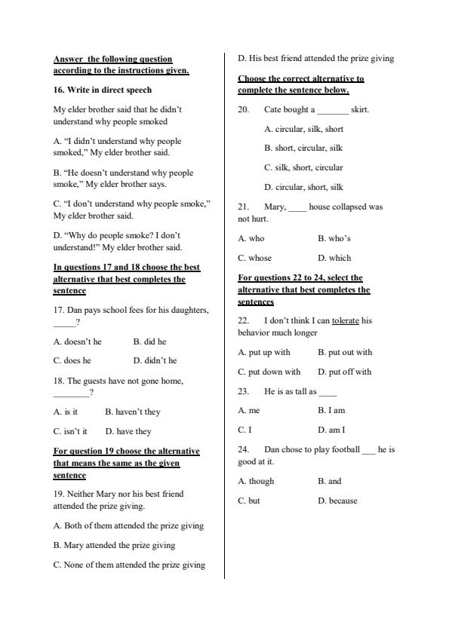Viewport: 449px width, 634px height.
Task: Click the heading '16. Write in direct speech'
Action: (x=102, y=90)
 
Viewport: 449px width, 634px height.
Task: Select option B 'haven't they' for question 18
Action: (x=133, y=412)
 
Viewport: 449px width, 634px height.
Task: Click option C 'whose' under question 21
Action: (x=254, y=258)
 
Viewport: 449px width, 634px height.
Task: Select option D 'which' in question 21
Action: (x=334, y=258)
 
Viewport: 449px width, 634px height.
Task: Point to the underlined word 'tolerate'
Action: (x=346, y=320)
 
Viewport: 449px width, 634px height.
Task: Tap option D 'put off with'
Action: (x=344, y=372)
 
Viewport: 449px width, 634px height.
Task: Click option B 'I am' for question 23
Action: (x=331, y=411)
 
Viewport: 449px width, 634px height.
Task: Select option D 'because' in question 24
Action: (x=337, y=501)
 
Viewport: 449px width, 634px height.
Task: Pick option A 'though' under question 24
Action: (x=256, y=481)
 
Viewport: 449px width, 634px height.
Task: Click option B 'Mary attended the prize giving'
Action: (x=114, y=545)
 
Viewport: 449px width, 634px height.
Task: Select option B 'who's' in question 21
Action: (x=334, y=238)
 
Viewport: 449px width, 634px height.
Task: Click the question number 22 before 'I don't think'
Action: (x=244, y=320)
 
